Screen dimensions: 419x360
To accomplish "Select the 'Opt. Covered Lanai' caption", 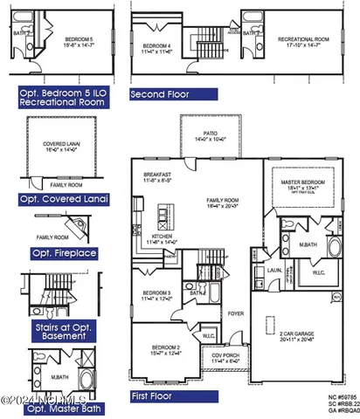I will point(65,199).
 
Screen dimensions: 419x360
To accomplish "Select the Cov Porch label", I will point(225,356).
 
